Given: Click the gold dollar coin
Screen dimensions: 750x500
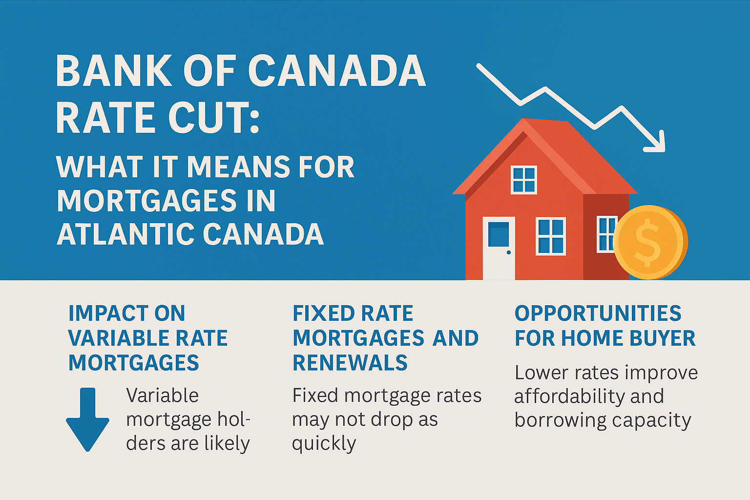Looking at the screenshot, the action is point(650,243).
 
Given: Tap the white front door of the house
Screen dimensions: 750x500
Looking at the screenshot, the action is point(499,248).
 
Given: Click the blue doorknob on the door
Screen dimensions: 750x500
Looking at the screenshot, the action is point(509,252).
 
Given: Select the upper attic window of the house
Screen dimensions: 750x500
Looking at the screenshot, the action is point(523,180).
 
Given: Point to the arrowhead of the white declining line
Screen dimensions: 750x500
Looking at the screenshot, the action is point(656,142).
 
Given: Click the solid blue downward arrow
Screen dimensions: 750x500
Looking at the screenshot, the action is point(88,419).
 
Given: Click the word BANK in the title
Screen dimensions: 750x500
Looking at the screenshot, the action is point(114,71).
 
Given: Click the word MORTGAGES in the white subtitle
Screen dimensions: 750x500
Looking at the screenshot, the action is point(146,201).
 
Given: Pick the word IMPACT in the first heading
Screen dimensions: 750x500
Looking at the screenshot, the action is point(108,313).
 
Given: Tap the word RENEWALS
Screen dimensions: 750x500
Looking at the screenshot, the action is point(350,363).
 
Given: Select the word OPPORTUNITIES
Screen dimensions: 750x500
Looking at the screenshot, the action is point(598,313).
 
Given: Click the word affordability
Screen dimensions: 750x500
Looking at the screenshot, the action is point(569,397).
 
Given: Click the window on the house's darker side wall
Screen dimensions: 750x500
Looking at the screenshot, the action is point(606,234).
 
